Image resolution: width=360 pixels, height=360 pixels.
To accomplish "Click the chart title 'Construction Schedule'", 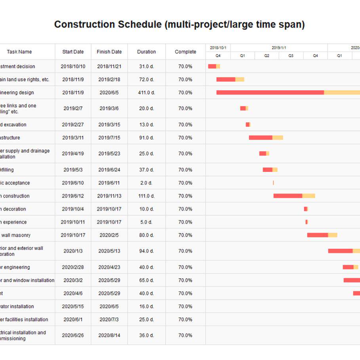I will pos(179,25).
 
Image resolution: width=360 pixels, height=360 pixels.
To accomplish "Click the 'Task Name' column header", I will pos(19,52).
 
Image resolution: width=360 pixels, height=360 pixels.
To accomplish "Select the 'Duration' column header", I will pos(147,52).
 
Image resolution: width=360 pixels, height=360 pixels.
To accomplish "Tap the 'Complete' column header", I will pos(185,52).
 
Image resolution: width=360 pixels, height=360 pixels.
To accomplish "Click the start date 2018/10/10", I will pos(73,67).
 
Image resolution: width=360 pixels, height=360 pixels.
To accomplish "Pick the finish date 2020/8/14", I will pos(109,335).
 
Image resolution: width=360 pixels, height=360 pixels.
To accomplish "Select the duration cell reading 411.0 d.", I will pos(147,93).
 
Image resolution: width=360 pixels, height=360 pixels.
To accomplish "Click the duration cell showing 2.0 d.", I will pos(147,183).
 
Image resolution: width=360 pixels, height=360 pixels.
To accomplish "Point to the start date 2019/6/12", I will pos(73,196).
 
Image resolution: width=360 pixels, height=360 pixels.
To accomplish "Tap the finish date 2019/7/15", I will pos(109,138).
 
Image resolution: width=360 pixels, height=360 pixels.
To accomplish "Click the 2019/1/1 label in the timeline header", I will pos(279,48).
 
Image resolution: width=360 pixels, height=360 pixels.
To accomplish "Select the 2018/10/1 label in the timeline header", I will pos(218,48).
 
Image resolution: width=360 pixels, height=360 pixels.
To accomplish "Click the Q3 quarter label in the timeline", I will pos(291,56).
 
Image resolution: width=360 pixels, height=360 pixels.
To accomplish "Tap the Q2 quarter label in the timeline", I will pos(267,56).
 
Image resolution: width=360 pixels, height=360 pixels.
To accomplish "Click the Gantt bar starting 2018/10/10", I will pos(214,67).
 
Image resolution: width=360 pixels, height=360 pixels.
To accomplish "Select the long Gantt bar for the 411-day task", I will pos(288,93).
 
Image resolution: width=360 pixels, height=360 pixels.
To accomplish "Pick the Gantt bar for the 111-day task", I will pos(294,196).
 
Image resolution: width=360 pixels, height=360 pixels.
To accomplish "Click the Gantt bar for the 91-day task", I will pos(266,138).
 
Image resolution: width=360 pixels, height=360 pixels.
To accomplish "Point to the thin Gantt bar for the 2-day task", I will pos(273,183).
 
